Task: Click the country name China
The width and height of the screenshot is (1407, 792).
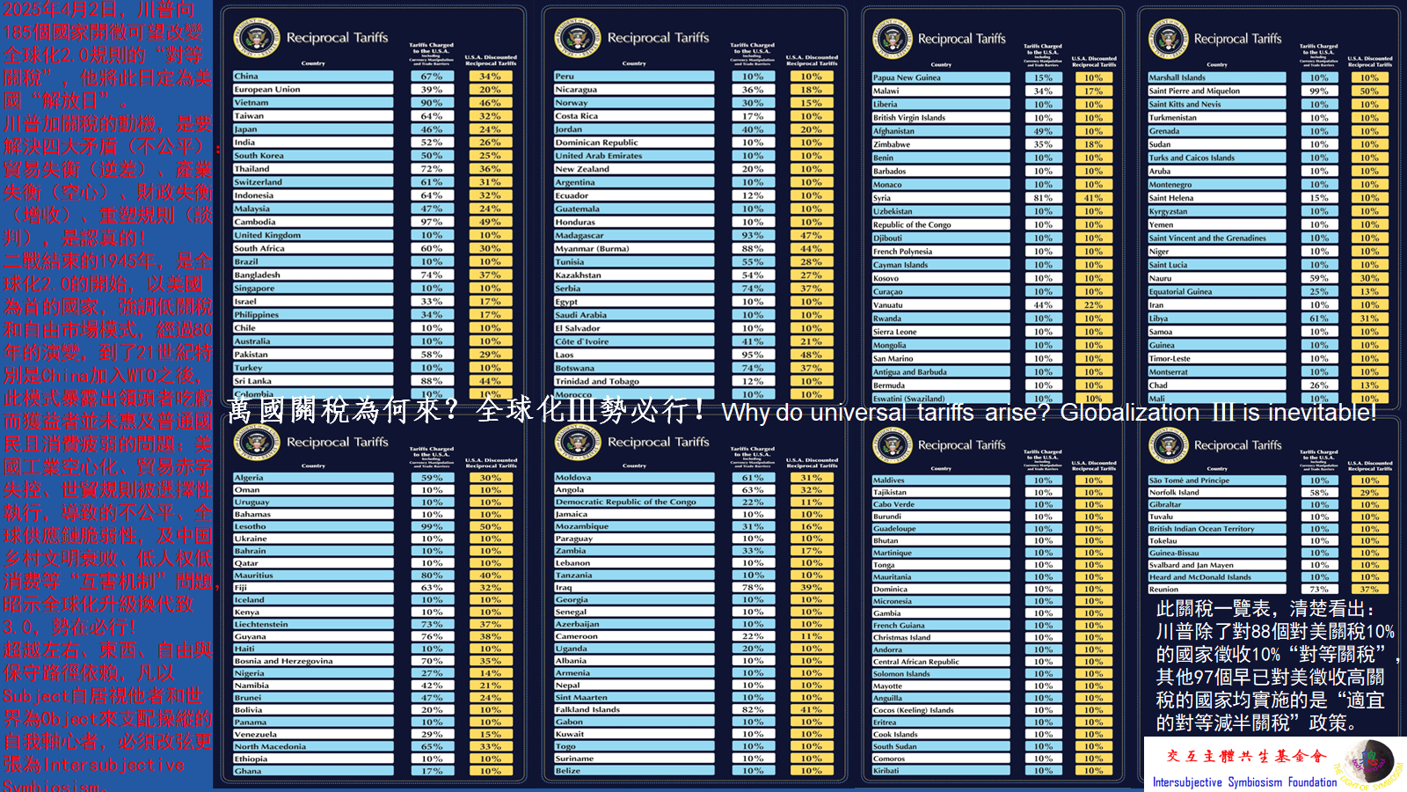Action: click(x=247, y=77)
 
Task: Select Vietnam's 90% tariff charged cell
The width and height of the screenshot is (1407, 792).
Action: click(x=431, y=103)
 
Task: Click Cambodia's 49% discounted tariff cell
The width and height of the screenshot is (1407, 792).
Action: click(x=490, y=222)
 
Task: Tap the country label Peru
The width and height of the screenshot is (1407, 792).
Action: click(x=565, y=77)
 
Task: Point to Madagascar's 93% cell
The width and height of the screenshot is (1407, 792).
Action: click(x=752, y=235)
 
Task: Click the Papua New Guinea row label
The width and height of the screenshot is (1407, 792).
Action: click(x=907, y=77)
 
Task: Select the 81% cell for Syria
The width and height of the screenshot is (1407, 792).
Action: click(x=1043, y=198)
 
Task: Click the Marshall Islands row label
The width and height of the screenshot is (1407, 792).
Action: click(x=1177, y=77)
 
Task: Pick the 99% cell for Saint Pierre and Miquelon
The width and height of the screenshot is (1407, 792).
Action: click(x=1319, y=91)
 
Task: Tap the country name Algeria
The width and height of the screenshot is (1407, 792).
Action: click(x=249, y=478)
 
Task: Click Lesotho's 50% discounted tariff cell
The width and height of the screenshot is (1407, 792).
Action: click(x=490, y=526)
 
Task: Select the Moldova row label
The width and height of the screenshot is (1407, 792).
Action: click(x=573, y=478)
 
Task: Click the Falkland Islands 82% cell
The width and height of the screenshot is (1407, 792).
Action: click(x=752, y=709)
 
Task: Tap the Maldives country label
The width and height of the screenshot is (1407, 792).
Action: click(x=888, y=480)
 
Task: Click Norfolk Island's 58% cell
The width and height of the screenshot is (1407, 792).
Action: click(x=1319, y=493)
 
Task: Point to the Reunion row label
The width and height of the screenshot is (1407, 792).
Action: click(x=1163, y=590)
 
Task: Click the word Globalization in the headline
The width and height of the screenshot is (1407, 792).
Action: click(x=1129, y=412)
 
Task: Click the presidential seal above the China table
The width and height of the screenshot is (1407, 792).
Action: click(x=257, y=38)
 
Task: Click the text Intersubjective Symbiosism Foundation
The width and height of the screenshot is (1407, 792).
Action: click(x=1244, y=781)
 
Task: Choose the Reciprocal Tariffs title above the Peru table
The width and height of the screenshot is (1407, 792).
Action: click(x=658, y=38)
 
